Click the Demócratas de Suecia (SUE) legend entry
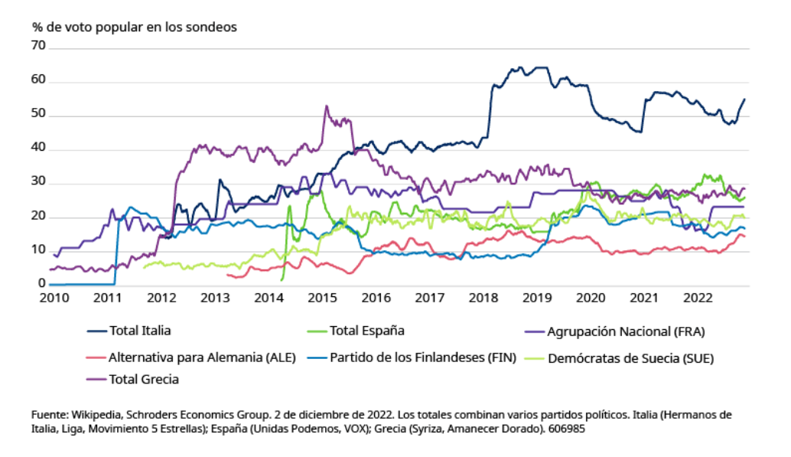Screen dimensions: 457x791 click(630, 357)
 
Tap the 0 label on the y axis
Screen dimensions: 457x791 click(42, 284)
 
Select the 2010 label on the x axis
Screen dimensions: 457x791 click(54, 297)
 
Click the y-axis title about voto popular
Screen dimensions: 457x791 click(135, 26)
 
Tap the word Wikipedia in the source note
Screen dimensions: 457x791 click(93, 414)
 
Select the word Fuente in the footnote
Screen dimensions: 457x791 click(49, 414)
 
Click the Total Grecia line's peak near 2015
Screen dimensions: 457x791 click(327, 106)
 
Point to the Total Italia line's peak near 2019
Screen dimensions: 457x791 click(520, 67)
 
